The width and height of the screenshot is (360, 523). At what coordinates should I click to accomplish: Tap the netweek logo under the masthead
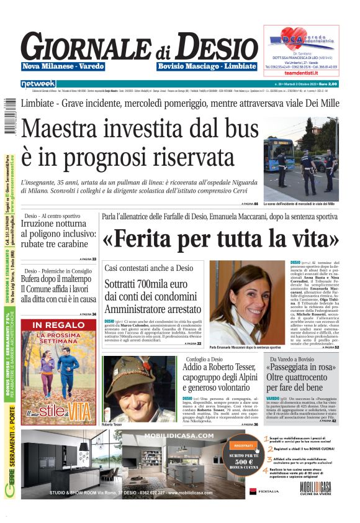[x=38, y=84]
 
